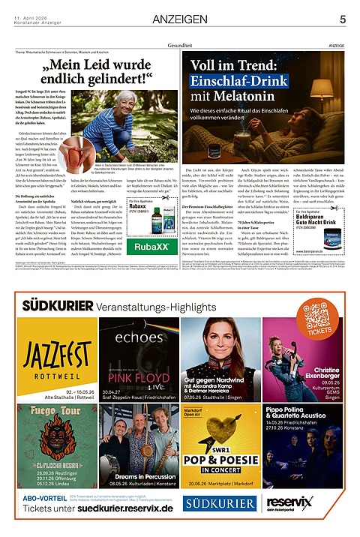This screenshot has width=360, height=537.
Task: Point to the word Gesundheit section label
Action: coord(180,46)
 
